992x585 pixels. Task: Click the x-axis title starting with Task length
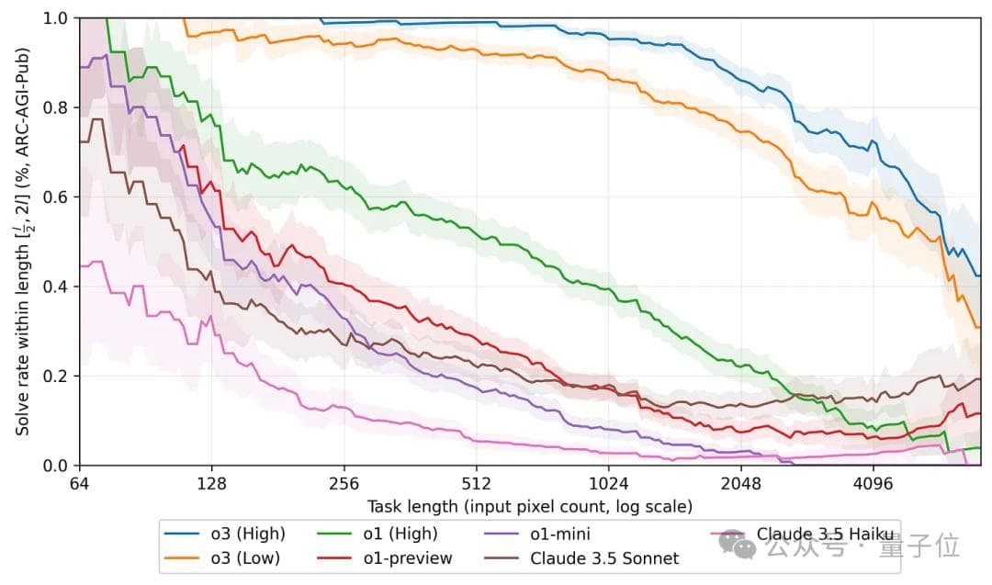click(x=530, y=506)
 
